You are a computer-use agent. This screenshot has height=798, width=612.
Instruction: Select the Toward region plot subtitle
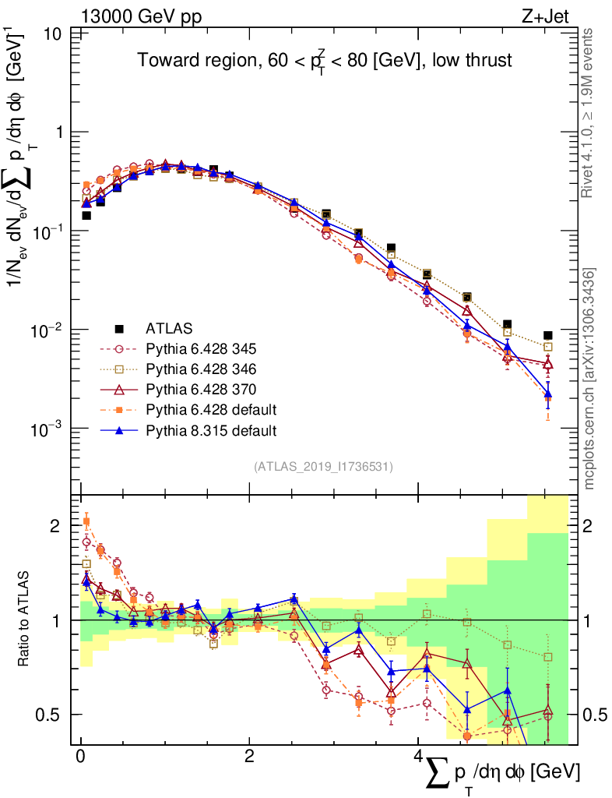pos(325,62)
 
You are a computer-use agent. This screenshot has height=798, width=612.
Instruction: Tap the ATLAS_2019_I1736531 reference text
pos(323,467)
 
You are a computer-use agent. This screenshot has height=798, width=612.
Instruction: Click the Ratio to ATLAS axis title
pos(25,619)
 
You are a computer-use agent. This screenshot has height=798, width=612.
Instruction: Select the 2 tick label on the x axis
pos(249,757)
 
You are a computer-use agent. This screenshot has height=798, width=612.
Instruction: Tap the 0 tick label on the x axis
pos(80,757)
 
